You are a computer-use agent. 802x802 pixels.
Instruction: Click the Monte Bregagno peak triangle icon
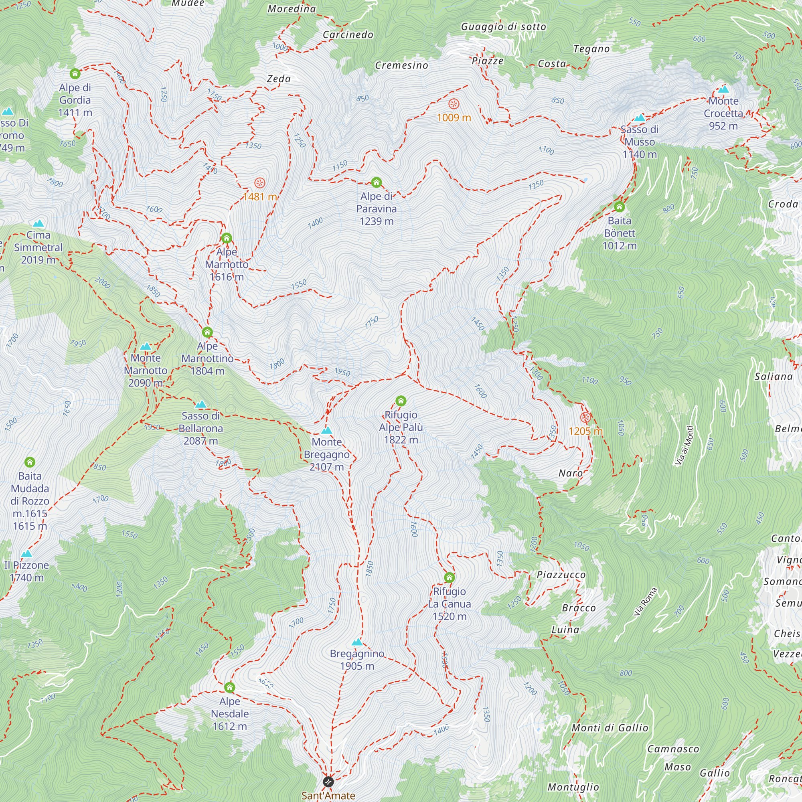pos(327,430)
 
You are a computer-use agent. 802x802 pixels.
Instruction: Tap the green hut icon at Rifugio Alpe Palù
pos(401,401)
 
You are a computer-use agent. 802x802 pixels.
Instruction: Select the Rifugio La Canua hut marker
pos(449,577)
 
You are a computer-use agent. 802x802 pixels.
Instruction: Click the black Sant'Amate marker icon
pos(328,782)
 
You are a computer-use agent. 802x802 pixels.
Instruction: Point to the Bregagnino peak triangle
pos(357,642)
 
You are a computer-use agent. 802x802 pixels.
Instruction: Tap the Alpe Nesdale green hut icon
pos(229,687)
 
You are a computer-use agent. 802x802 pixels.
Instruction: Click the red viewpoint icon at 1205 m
pos(585,417)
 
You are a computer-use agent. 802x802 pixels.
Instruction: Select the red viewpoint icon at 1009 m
pos(454,103)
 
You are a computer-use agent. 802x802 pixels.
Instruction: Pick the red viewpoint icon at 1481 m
pos(259,182)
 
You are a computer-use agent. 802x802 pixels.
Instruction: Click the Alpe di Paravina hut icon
pos(376,182)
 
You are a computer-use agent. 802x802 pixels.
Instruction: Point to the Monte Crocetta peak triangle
pos(723,89)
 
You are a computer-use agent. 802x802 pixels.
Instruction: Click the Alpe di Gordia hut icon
pos(75,73)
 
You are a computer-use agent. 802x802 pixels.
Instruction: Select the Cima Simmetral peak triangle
pos(38,223)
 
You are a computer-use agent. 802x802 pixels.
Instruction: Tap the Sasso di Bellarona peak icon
pos(200,404)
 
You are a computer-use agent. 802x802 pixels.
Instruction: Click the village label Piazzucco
pos(561,575)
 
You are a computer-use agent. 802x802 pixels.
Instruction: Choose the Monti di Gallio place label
pos(610,728)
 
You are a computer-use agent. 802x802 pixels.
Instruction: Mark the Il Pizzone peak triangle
pos(26,553)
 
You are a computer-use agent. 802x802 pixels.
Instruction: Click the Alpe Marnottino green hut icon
pos(207,332)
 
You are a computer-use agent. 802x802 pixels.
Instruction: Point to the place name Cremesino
pos(401,66)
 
